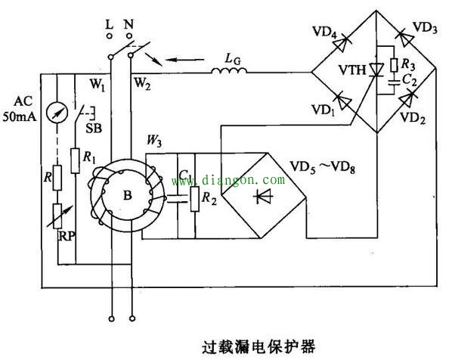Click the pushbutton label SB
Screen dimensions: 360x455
coord(94,129)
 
